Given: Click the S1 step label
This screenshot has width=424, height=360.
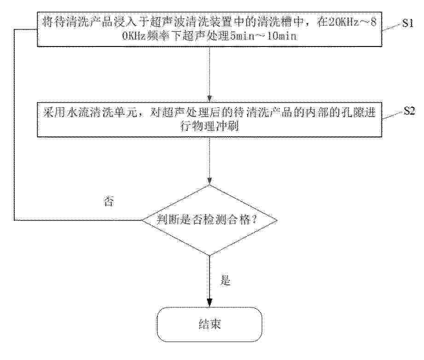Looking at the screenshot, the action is (x=407, y=23).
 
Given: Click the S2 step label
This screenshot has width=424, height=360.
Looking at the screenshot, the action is (x=409, y=111).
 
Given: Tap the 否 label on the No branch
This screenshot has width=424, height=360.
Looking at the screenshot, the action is (x=109, y=201).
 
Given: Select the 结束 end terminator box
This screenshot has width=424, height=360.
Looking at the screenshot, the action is (x=209, y=324).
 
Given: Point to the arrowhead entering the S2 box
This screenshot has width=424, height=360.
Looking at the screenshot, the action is (x=209, y=99).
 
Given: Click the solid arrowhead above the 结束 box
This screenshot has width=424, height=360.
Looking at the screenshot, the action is (x=209, y=303).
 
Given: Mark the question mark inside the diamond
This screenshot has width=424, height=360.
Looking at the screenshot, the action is (x=254, y=220).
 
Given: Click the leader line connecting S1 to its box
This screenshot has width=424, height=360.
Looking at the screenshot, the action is (x=392, y=27).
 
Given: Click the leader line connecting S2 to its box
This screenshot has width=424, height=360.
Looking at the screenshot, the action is (x=393, y=115).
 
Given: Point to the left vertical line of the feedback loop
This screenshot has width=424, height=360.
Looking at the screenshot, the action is (x=14, y=124).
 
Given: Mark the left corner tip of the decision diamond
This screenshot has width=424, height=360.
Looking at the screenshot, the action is (x=142, y=220).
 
